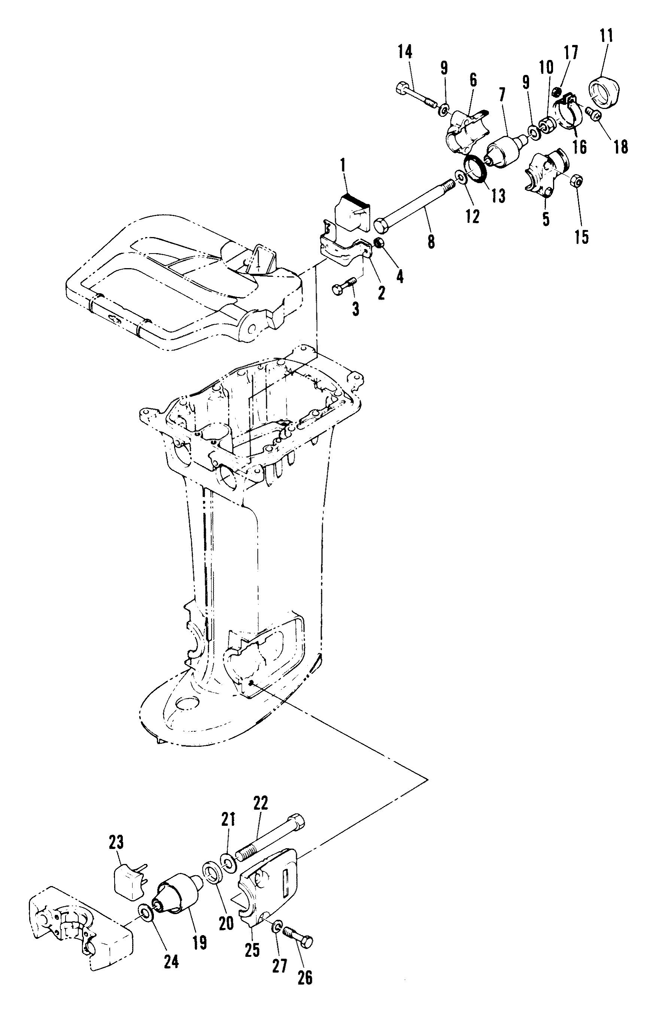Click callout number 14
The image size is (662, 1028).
tap(404, 52)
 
